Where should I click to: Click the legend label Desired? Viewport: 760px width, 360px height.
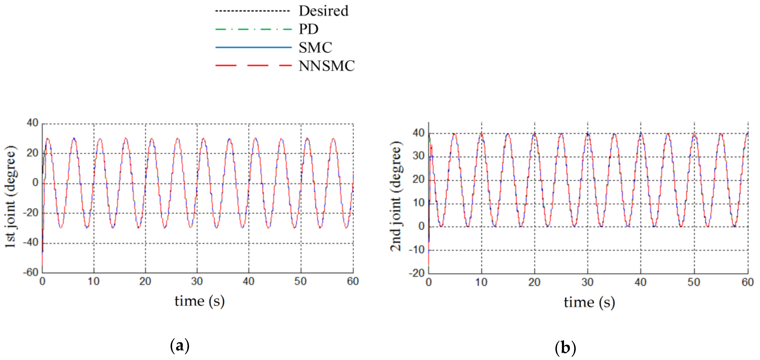(323, 11)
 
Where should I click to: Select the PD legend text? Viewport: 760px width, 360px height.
(308, 29)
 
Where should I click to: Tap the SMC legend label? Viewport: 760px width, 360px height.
(315, 48)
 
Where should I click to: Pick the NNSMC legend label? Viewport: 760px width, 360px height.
(326, 66)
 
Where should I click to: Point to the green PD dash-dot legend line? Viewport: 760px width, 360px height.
(253, 29)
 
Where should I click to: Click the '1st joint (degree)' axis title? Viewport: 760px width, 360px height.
(11, 196)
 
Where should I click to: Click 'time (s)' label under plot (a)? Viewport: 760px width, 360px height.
(200, 301)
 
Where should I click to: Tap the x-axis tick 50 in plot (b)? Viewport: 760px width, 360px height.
(694, 282)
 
